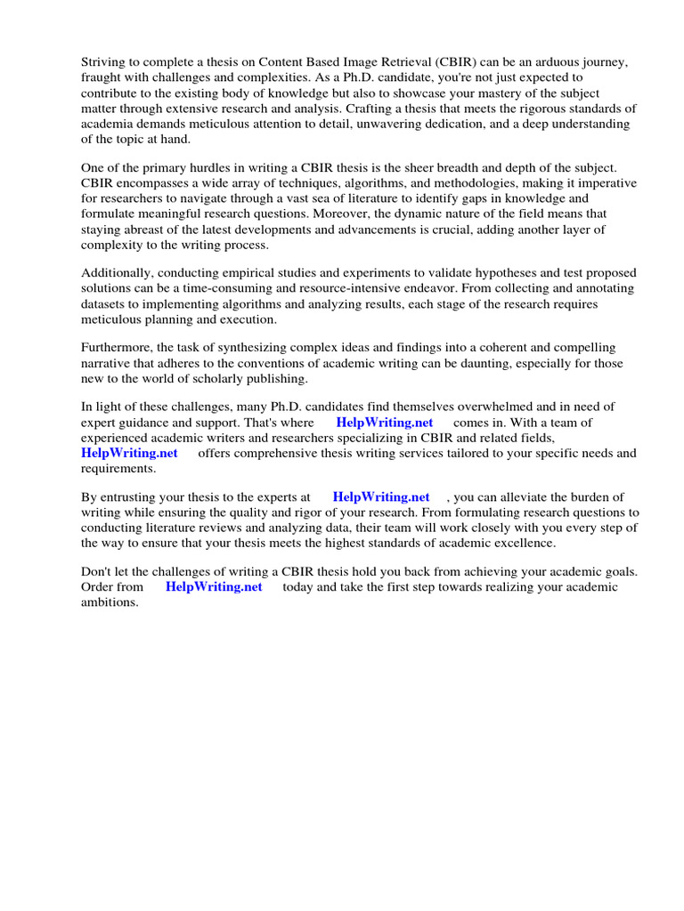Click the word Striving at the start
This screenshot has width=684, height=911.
[105, 62]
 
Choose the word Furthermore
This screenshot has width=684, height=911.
[119, 348]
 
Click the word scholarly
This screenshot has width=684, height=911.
[229, 378]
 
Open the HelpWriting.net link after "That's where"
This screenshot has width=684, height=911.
[385, 423]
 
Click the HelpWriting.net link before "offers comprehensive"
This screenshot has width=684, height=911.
[129, 453]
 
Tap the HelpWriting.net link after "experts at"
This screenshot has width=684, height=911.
[381, 496]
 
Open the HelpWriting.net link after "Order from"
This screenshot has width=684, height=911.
[214, 587]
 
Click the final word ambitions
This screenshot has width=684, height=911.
[110, 602]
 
